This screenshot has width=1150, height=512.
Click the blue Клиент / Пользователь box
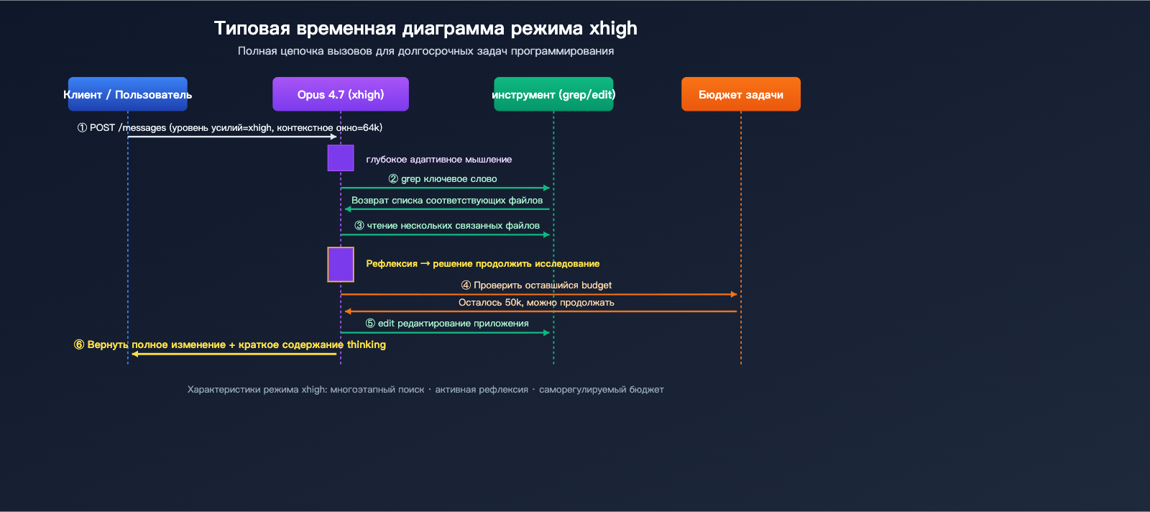pyautogui.click(x=127, y=94)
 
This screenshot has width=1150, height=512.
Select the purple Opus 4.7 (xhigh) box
pyautogui.click(x=340, y=94)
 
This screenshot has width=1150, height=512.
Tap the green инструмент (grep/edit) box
pyautogui.click(x=553, y=94)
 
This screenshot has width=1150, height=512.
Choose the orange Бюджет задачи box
pyautogui.click(x=740, y=94)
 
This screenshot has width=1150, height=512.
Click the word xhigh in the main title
pyautogui.click(x=613, y=28)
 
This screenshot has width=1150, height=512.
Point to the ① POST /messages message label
pyautogui.click(x=229, y=127)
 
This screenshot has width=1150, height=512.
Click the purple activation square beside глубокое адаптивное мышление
pyautogui.click(x=341, y=157)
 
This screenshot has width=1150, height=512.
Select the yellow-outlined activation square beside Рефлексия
pyautogui.click(x=341, y=264)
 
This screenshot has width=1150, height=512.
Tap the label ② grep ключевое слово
pyautogui.click(x=443, y=178)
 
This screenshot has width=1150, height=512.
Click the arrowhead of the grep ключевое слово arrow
pyautogui.click(x=547, y=188)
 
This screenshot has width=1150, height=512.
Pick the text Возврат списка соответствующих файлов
pyautogui.click(x=446, y=200)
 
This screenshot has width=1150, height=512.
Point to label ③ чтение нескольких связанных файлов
pyautogui.click(x=446, y=225)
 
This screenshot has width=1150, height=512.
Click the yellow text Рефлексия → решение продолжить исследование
pyautogui.click(x=482, y=264)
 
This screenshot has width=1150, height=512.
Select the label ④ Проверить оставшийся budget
pyautogui.click(x=536, y=285)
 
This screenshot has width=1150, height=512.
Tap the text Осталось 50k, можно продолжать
pyautogui.click(x=536, y=302)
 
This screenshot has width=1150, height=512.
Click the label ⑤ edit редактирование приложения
pyautogui.click(x=446, y=323)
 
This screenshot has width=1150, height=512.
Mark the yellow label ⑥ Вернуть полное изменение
pyautogui.click(x=229, y=344)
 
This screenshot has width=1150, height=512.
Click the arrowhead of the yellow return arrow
pyautogui.click(x=134, y=354)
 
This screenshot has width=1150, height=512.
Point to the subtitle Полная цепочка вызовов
pyautogui.click(x=425, y=51)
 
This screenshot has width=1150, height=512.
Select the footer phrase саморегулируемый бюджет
pyautogui.click(x=601, y=390)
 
